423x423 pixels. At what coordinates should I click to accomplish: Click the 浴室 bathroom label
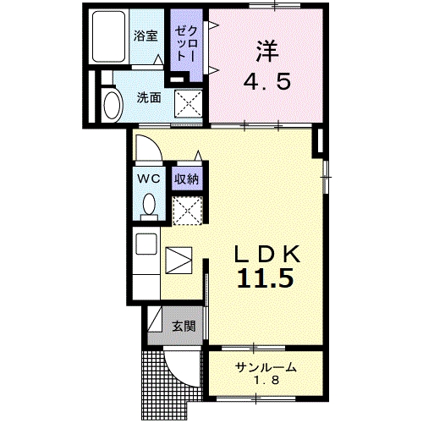[x=146, y=36]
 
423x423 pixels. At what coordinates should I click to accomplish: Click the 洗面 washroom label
[x=149, y=96]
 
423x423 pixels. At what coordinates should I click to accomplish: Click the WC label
[x=150, y=179]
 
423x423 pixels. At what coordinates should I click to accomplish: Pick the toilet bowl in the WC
[x=150, y=205]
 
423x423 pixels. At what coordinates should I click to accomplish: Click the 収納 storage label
[x=186, y=179]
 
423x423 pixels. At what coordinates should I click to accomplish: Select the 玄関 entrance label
[x=184, y=326]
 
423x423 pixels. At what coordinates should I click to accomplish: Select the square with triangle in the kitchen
[x=179, y=259]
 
